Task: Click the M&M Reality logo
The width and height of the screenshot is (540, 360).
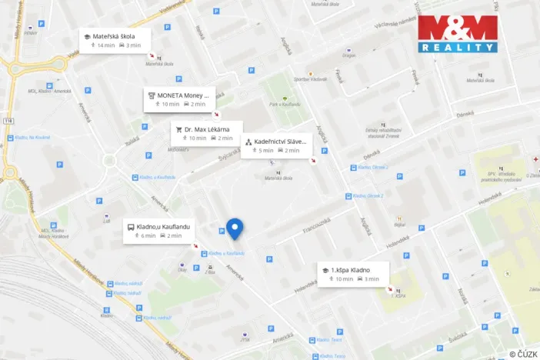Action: tap(457, 33)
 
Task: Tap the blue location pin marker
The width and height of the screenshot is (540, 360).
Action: tap(235, 228)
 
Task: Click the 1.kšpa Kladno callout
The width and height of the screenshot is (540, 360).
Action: tap(354, 274)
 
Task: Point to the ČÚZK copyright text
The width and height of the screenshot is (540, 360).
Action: tap(523, 353)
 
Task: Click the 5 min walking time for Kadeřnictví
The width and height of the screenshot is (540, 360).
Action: tap(262, 151)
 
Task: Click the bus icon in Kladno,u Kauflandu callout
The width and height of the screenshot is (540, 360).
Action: tap(131, 226)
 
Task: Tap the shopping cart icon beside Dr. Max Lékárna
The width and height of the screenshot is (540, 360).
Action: tap(179, 129)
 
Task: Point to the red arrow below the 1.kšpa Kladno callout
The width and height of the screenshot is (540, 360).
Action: tap(389, 289)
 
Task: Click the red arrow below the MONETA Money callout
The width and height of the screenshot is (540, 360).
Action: tap(215, 113)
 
